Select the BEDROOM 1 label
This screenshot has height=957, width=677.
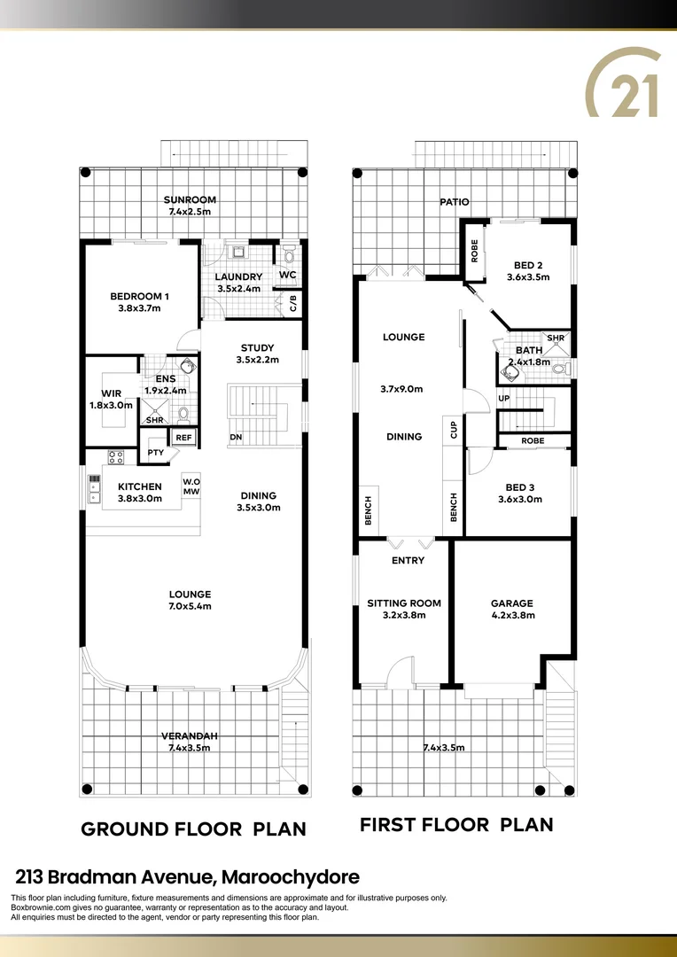click(139, 296)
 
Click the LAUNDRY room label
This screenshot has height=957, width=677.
click(239, 276)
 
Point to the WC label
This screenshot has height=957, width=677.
click(287, 276)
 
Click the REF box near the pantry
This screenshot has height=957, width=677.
click(183, 437)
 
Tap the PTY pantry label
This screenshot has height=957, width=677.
click(156, 453)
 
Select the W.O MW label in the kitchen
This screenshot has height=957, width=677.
click(191, 486)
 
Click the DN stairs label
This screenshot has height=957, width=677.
click(237, 437)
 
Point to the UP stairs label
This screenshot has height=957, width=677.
click(504, 399)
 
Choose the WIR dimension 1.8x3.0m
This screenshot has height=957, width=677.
click(111, 405)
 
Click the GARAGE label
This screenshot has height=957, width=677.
click(512, 603)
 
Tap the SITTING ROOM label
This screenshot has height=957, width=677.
click(404, 603)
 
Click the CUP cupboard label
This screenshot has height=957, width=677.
click(454, 430)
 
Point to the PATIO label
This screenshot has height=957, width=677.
click(455, 202)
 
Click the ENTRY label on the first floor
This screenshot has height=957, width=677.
click(408, 560)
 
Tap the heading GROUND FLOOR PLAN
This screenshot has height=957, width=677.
click(193, 829)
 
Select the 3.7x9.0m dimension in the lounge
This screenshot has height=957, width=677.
click(401, 389)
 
